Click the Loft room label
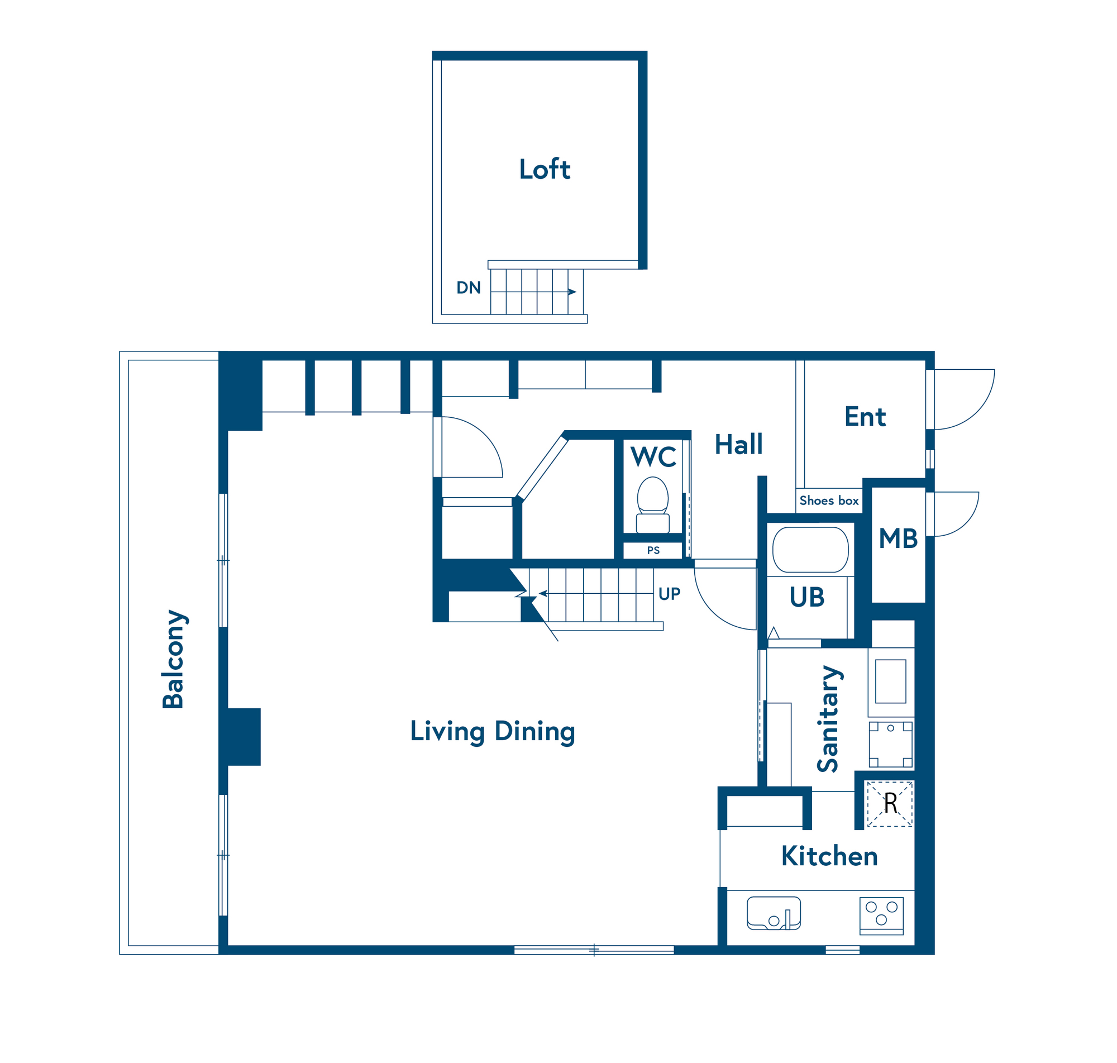point(545,169)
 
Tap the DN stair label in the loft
point(469,288)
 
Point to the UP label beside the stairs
point(669,594)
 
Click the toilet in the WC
point(652,505)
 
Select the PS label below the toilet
point(653,550)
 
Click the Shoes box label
point(829,500)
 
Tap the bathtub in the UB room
point(810,550)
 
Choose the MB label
point(898,538)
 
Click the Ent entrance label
point(865,417)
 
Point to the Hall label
point(739,444)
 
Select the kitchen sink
point(774,913)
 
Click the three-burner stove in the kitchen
point(881,916)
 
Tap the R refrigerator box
point(890,803)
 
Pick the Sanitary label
point(829,719)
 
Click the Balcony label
point(174,659)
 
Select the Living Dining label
point(492,731)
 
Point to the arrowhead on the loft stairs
point(572,292)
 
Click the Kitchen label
point(829,856)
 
